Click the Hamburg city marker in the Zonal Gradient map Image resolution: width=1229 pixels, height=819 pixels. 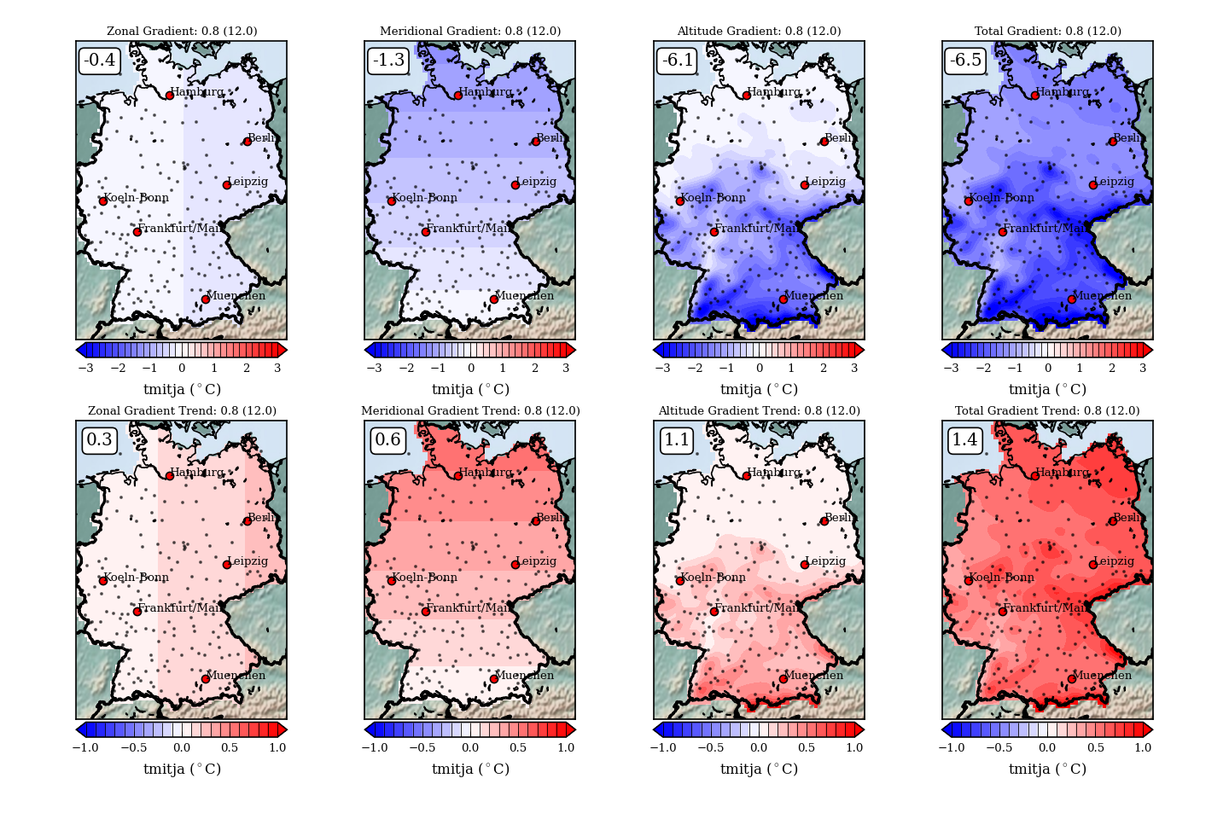tap(170, 96)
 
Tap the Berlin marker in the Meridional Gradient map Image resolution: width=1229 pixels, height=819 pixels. tap(536, 142)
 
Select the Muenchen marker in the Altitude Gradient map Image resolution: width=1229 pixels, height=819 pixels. tap(783, 299)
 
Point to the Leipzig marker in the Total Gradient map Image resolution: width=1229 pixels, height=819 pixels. tap(1092, 185)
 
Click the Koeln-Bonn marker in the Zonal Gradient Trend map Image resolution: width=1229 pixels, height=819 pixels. tap(103, 581)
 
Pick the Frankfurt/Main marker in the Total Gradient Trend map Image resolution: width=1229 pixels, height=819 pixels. tap(1002, 612)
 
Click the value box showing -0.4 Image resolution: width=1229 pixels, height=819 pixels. tap(100, 61)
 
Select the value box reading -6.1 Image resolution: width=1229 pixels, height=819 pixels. tap(678, 61)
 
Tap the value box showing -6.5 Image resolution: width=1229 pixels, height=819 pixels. tap(966, 61)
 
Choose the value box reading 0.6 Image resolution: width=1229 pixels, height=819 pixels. tap(387, 440)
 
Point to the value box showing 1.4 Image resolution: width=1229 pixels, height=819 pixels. tap(964, 440)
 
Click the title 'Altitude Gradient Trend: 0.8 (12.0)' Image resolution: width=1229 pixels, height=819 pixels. tap(759, 411)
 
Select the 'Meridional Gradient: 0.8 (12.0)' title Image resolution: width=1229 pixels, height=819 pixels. tap(470, 32)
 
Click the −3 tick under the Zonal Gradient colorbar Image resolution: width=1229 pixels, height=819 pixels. tap(85, 368)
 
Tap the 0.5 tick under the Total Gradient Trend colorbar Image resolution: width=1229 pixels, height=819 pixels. tap(1095, 747)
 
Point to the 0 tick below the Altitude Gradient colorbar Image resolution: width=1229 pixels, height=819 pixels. tap(759, 368)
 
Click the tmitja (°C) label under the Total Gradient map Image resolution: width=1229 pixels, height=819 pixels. tap(1047, 389)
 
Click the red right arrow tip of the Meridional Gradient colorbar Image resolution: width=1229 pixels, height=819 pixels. tap(570, 350)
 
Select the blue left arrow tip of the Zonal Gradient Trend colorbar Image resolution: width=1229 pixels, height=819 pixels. tap(81, 729)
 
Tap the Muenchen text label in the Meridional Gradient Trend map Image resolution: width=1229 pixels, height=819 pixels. tap(524, 676)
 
